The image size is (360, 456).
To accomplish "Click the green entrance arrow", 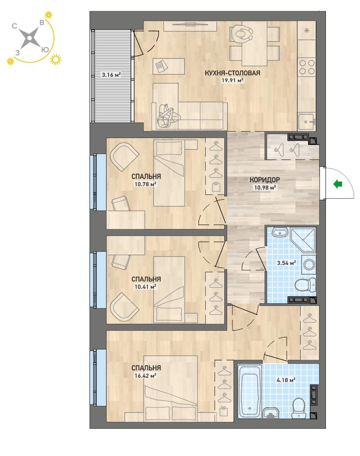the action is pyautogui.click(x=338, y=184).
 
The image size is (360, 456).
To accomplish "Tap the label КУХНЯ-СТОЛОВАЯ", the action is pyautogui.click(x=232, y=73).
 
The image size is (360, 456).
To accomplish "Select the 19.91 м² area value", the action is pyautogui.click(x=232, y=81).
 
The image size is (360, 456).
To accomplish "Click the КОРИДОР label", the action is pyautogui.click(x=265, y=180).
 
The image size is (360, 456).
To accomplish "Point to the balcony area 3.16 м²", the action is pyautogui.click(x=111, y=75).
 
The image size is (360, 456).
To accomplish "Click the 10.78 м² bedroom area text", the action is pyautogui.click(x=145, y=184).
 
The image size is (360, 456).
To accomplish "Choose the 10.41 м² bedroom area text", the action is pyautogui.click(x=145, y=287).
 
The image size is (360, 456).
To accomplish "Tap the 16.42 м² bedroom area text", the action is pyautogui.click(x=145, y=376).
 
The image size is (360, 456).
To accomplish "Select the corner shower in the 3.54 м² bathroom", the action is pyautogui.click(x=303, y=240).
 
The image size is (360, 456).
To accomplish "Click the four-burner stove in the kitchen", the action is pyautogui.click(x=307, y=67).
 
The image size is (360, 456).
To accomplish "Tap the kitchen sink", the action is pyautogui.click(x=307, y=122).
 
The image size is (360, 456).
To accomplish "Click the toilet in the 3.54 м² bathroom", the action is pyautogui.click(x=305, y=284).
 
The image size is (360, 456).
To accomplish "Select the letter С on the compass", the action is pyautogui.click(x=14, y=26).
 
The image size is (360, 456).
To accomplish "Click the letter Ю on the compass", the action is pyautogui.click(x=45, y=50).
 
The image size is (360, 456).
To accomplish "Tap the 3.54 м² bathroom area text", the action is pyautogui.click(x=287, y=263).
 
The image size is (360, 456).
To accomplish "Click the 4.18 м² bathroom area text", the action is pyautogui.click(x=287, y=380).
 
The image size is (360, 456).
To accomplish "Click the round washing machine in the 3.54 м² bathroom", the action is pyautogui.click(x=308, y=265).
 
